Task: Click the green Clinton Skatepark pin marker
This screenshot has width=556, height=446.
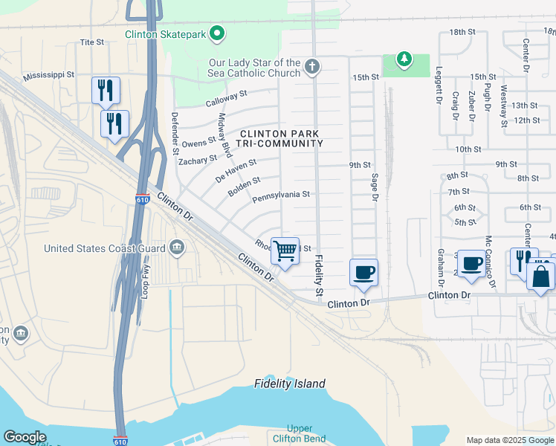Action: (218, 33)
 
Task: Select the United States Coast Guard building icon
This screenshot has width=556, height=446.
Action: (176, 248)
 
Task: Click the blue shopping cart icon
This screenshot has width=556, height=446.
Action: (285, 251)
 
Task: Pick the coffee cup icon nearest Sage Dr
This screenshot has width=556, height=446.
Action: (363, 272)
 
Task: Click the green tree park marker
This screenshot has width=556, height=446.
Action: (404, 59)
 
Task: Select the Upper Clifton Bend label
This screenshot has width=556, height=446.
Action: (299, 433)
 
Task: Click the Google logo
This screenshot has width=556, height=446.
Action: (25, 437)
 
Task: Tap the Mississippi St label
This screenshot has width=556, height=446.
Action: (48, 75)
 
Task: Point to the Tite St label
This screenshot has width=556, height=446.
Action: (91, 42)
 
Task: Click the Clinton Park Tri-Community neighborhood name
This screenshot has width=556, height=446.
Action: (279, 138)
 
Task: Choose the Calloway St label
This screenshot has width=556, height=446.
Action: (226, 97)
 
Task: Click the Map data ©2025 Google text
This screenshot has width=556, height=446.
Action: (509, 440)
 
